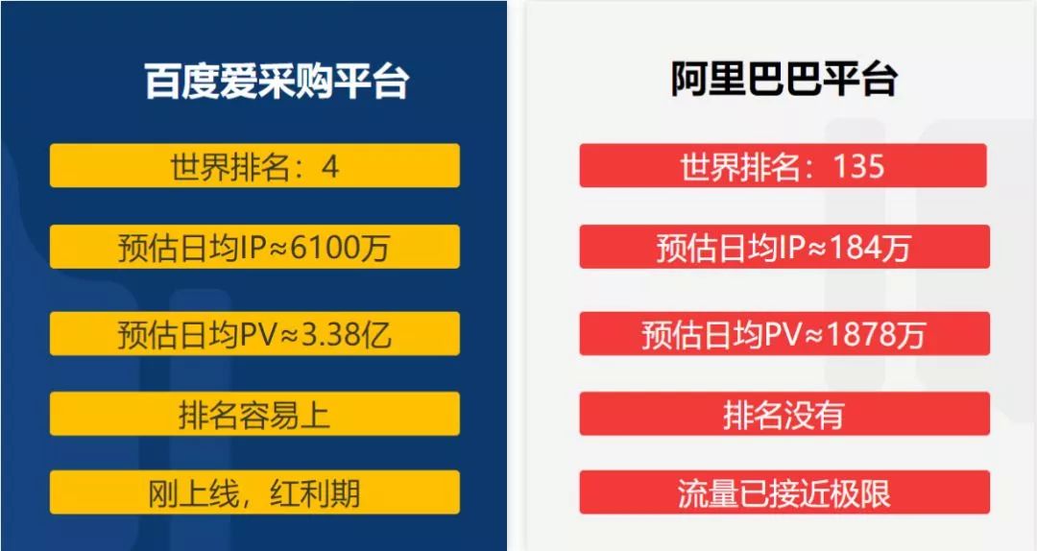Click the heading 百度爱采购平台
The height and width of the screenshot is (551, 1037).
point(277,81)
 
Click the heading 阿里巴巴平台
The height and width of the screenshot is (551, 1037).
point(784,79)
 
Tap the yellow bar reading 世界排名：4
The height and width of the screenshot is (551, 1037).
point(254,165)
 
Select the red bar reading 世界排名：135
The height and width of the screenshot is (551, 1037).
point(784,165)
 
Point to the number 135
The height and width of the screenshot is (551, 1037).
point(858,165)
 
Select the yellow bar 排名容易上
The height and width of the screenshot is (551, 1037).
point(254,414)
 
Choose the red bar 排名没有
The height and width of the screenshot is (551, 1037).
point(784,414)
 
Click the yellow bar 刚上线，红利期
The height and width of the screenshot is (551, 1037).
point(254,492)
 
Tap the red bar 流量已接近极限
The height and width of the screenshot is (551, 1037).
point(784,492)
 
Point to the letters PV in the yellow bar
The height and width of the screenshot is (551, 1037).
point(258,335)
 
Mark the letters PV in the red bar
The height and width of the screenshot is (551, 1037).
point(784,335)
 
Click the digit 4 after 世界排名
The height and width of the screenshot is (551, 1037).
point(330,166)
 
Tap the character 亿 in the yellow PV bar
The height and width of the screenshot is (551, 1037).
point(376,335)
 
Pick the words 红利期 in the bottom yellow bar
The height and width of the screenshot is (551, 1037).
point(315,493)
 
